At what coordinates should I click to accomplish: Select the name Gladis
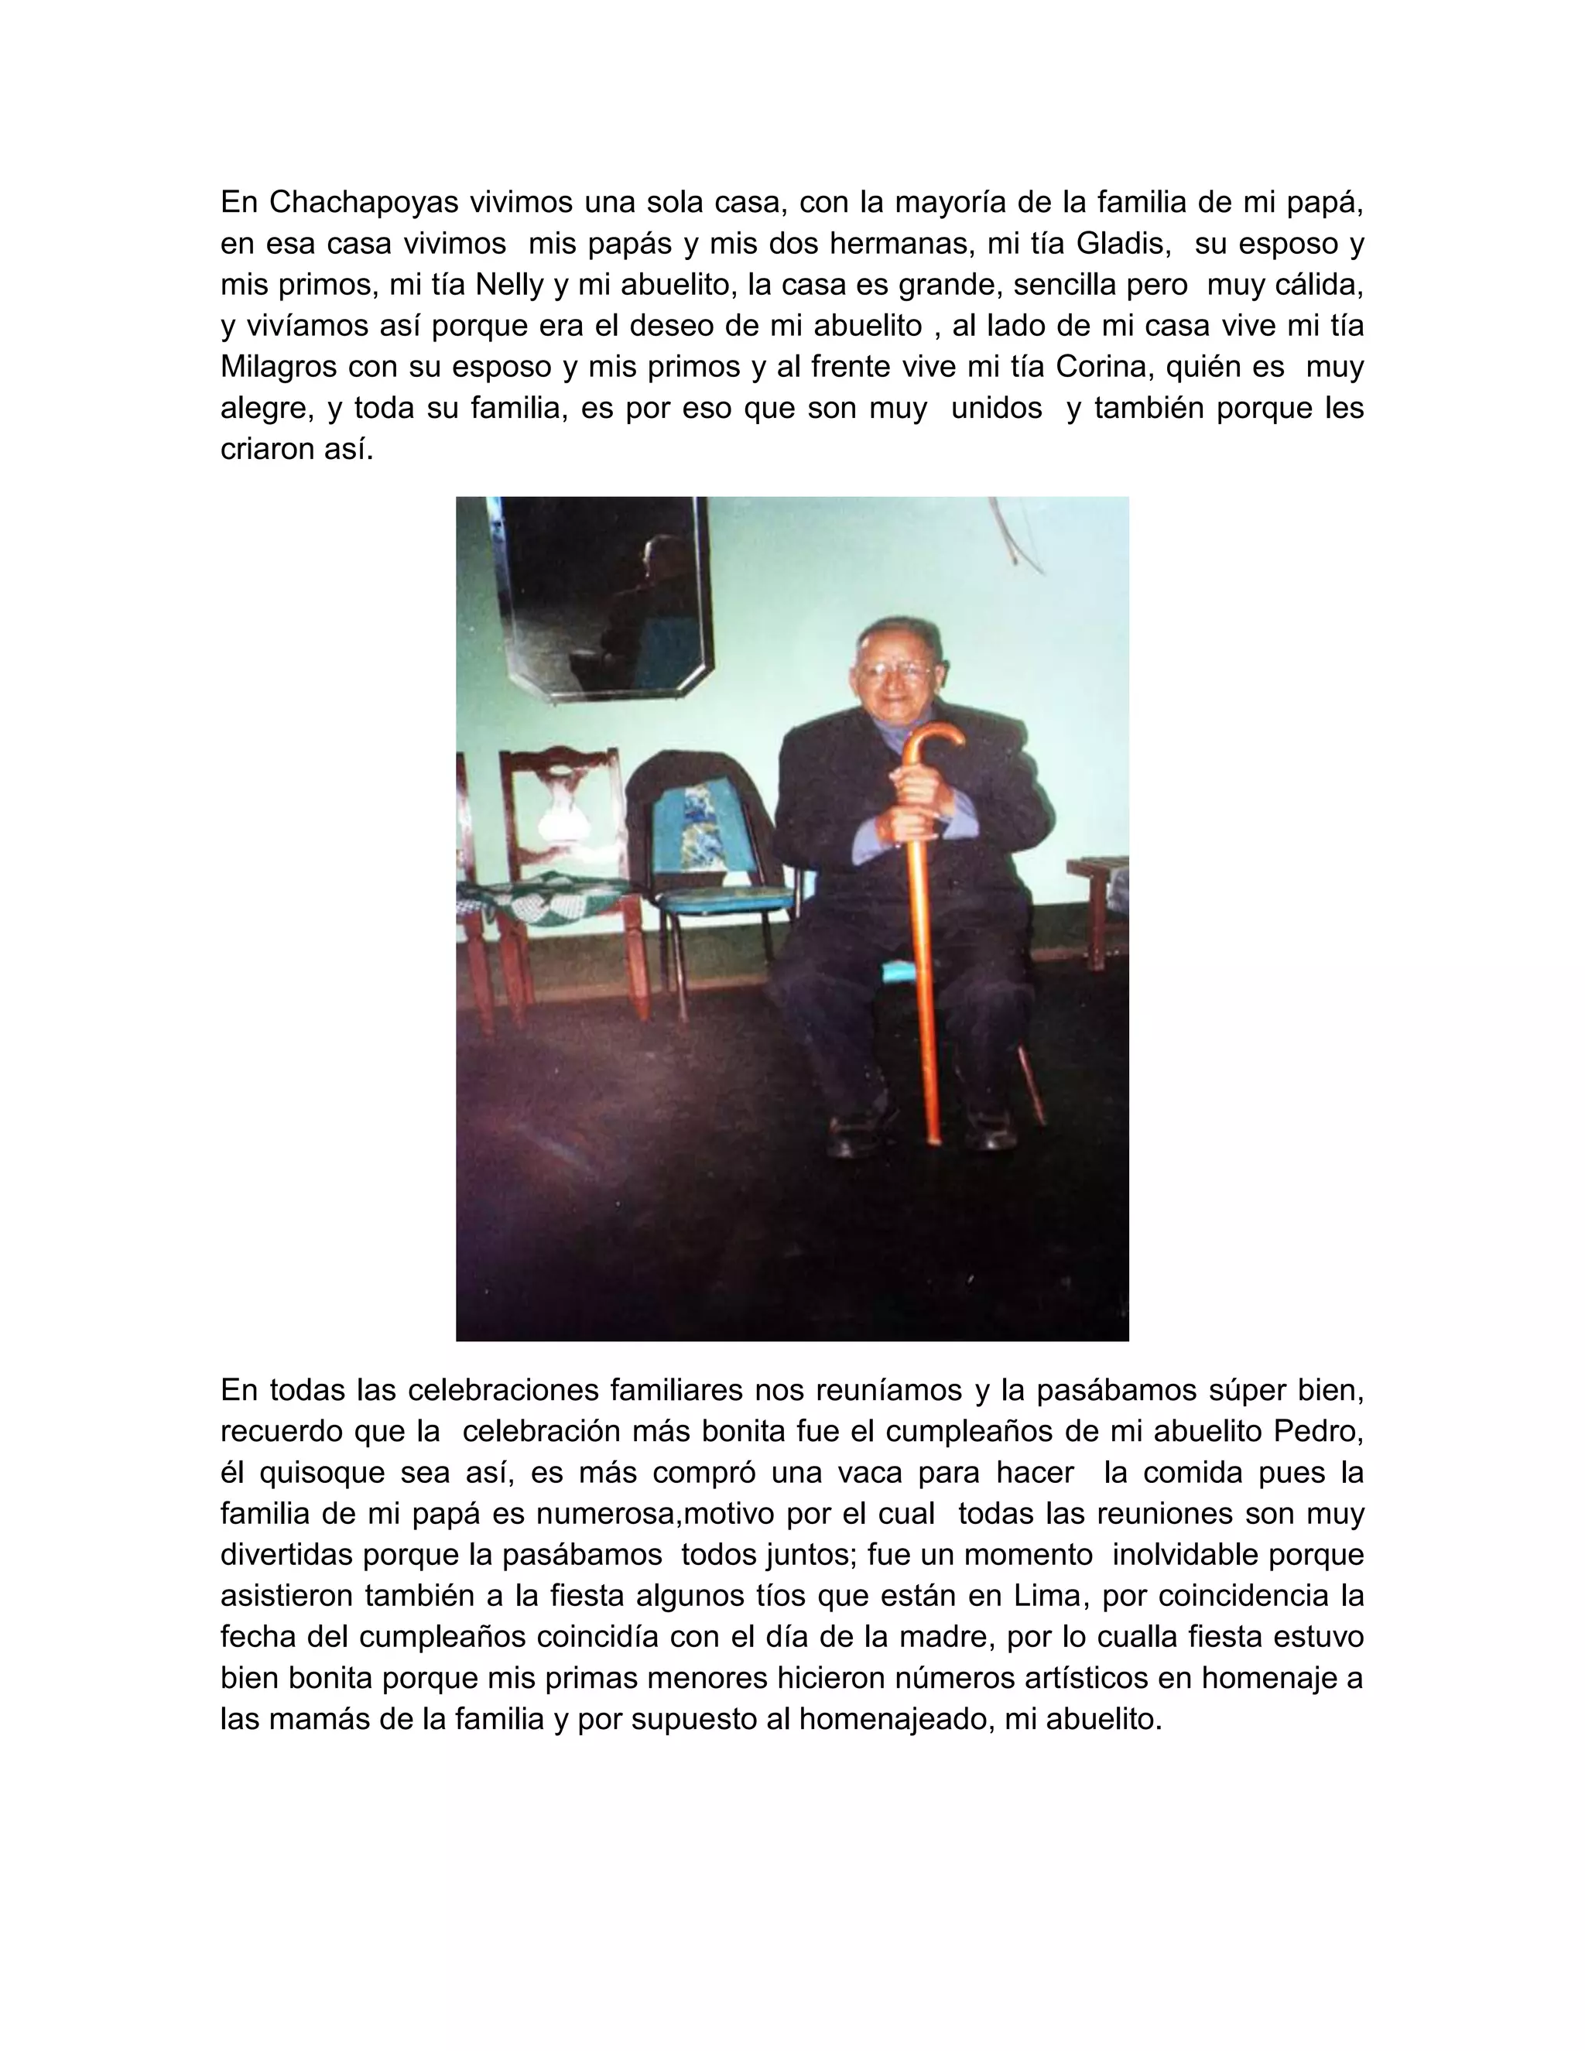tap(1122, 243)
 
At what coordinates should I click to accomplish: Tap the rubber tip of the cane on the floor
tap(934, 1139)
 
